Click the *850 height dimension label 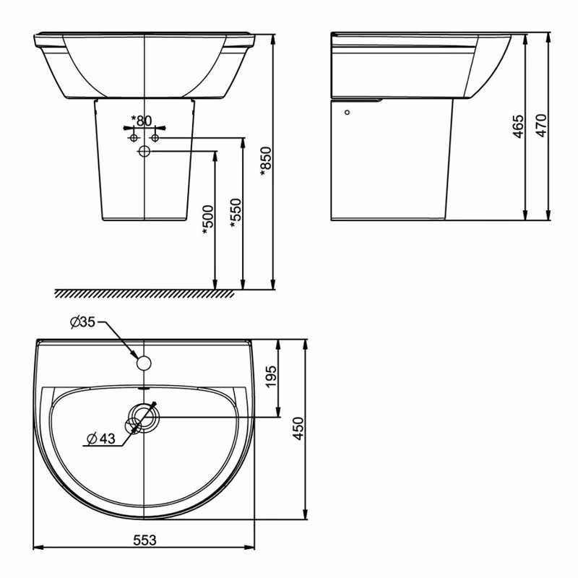(266, 161)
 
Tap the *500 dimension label (208, 220)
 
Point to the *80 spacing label (142, 120)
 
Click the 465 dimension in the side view (518, 126)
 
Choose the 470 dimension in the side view (541, 126)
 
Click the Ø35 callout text (82, 322)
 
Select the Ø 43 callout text (101, 439)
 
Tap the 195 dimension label (271, 376)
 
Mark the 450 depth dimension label (298, 428)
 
